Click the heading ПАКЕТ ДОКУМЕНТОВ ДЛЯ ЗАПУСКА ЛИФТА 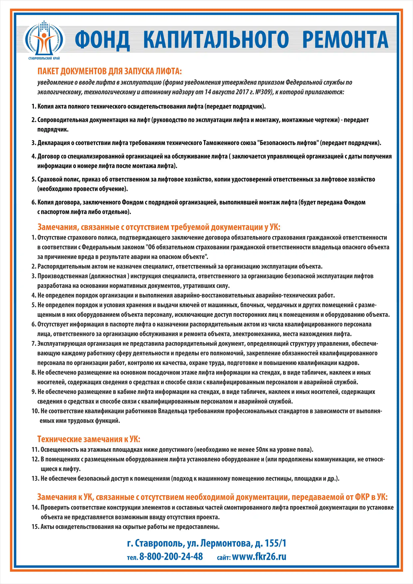[110, 71]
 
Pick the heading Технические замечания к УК [89, 439]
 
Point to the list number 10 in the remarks [35, 411]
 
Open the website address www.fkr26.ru [259, 556]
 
